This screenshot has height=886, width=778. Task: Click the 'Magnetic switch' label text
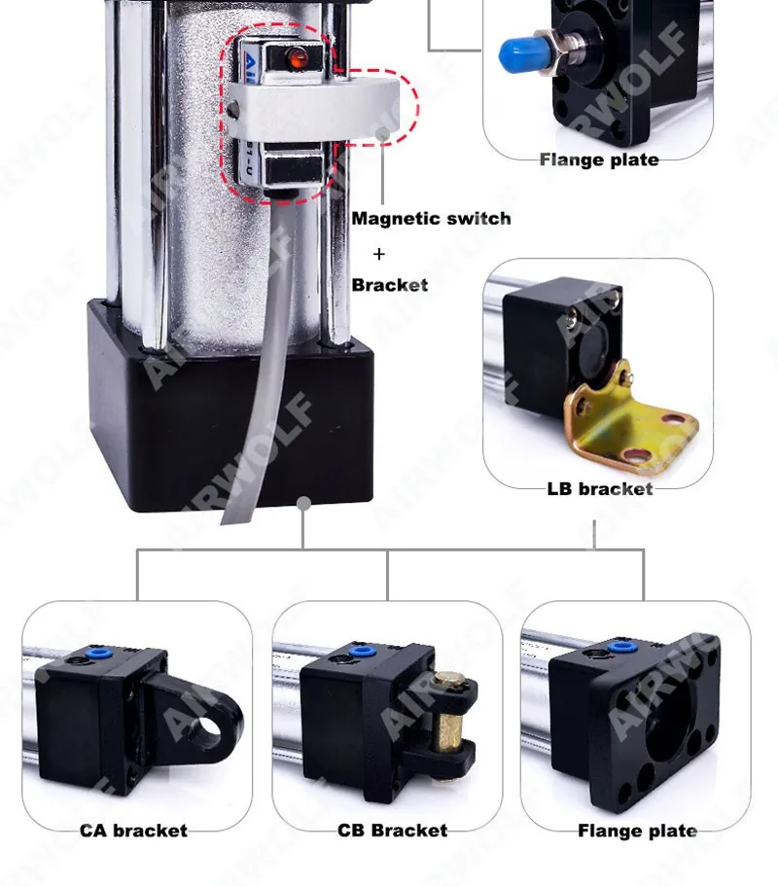431,218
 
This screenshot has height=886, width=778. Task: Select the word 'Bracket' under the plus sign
389,285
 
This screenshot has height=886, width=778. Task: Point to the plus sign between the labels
379,254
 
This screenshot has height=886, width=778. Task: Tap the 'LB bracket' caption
599,488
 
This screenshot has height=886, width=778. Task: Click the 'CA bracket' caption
133,831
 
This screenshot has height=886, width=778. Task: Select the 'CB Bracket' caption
392,831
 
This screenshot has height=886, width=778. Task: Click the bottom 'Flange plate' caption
637,831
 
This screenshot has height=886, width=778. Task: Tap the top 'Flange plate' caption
599,159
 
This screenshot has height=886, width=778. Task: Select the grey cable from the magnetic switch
264,389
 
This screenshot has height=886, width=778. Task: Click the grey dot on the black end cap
303,503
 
